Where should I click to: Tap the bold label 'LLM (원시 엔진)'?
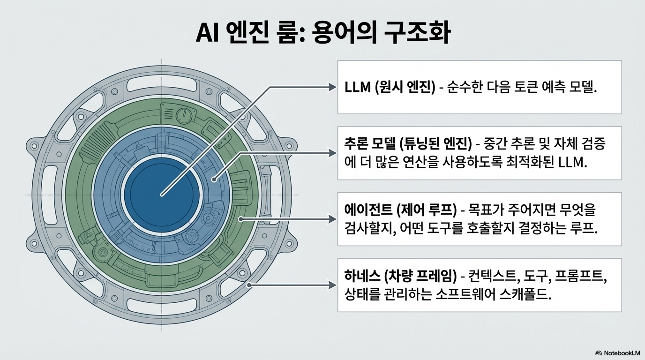pyautogui.click(x=389, y=88)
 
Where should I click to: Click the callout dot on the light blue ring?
pyautogui.click(x=213, y=179)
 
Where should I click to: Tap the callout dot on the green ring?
pyautogui.click(x=241, y=219)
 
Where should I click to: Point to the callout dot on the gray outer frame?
pyautogui.click(x=249, y=285)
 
